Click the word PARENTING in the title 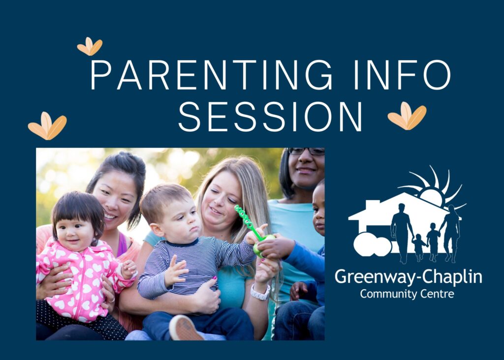click(x=211, y=75)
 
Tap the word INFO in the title click(x=402, y=75)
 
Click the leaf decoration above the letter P click(x=90, y=46)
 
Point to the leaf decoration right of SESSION click(x=407, y=116)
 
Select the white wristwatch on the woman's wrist click(x=260, y=293)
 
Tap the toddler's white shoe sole click(x=186, y=328)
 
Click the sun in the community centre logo click(x=432, y=188)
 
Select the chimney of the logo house click(x=373, y=206)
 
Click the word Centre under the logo click(x=433, y=294)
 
